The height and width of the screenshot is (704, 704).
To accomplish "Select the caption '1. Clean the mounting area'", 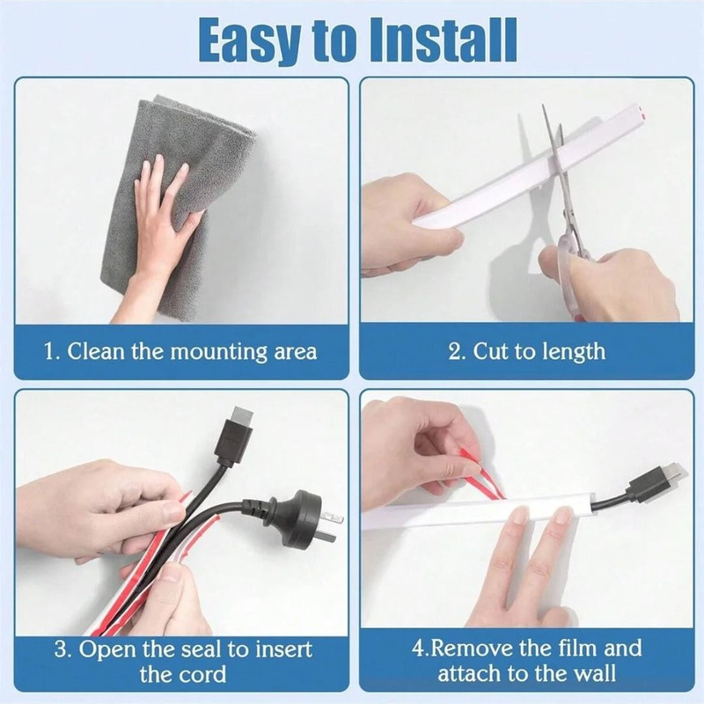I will pyautogui.click(x=180, y=352).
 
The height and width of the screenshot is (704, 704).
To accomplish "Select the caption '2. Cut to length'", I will pyautogui.click(x=526, y=352).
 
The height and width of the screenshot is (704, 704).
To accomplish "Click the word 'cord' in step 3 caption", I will pyautogui.click(x=204, y=676).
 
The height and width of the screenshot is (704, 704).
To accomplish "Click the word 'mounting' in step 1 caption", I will pyautogui.click(x=216, y=353).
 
